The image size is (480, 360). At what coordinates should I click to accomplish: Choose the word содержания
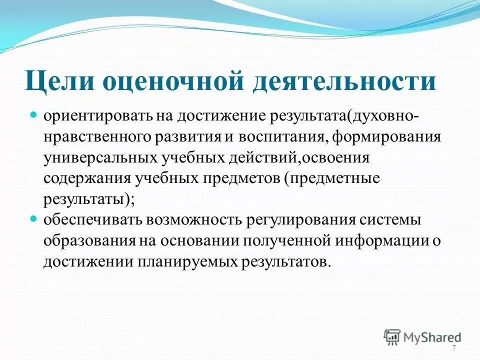pyautogui.click(x=80, y=179)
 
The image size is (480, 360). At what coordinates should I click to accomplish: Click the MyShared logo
pyautogui.click(x=422, y=337)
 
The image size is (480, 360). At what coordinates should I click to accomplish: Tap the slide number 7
pyautogui.click(x=453, y=348)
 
